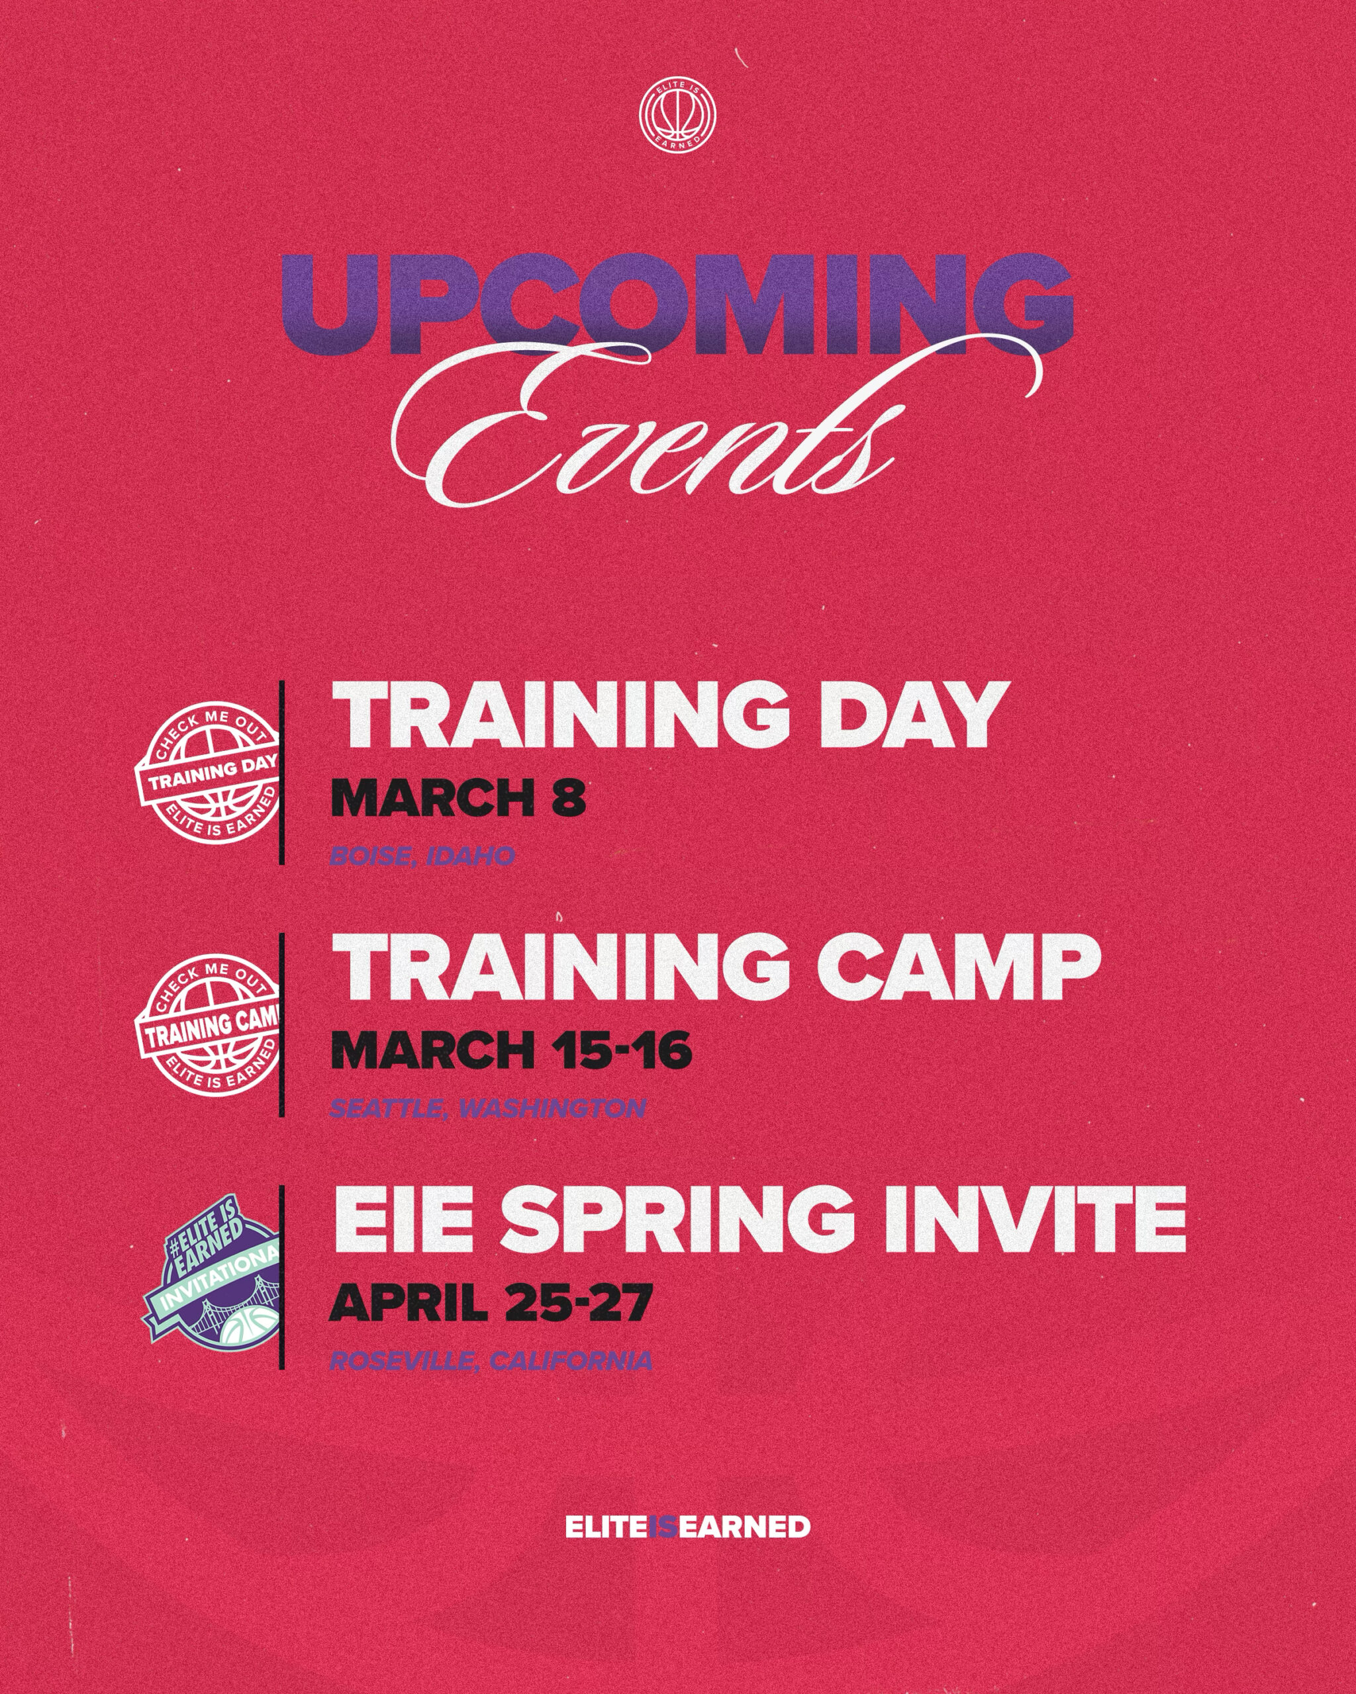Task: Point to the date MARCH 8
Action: click(458, 797)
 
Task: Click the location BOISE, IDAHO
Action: click(422, 856)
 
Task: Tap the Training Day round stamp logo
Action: click(209, 772)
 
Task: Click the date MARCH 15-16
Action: click(511, 1049)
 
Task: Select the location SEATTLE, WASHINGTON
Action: click(487, 1108)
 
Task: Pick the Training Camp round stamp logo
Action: click(209, 1024)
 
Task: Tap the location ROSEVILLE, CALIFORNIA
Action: click(491, 1361)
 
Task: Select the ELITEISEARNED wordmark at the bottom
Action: click(687, 1527)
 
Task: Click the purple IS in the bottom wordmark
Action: click(662, 1527)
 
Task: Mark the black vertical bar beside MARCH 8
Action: click(281, 773)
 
